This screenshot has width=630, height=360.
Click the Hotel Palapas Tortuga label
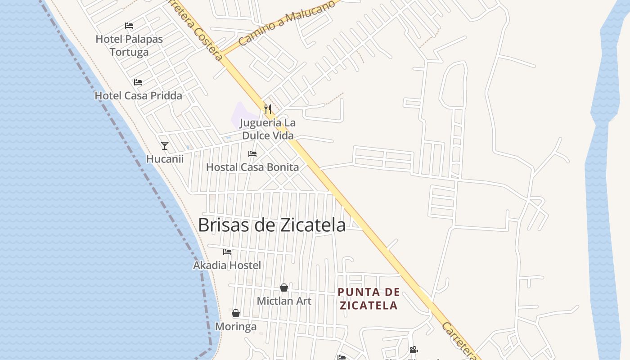(129, 45)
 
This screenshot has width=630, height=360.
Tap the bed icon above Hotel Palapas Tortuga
(129, 26)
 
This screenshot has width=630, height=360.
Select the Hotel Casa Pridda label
(138, 95)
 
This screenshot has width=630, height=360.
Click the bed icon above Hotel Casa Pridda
(138, 82)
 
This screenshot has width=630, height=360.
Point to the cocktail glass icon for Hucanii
(165, 145)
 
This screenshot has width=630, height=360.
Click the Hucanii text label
(165, 159)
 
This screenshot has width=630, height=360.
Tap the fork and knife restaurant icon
(268, 109)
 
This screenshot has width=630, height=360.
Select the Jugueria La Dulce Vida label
(267, 129)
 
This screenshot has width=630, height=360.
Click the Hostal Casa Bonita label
(252, 167)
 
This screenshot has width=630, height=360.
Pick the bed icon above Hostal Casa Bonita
(252, 154)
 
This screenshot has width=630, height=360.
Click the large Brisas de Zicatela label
(272, 225)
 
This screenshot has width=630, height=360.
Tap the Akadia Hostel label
(227, 265)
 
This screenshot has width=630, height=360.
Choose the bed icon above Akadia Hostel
(227, 252)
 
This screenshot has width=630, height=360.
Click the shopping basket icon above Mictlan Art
(284, 288)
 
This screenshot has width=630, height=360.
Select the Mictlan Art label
(284, 301)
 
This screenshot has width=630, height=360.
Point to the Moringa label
(236, 327)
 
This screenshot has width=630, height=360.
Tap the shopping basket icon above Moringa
(235, 313)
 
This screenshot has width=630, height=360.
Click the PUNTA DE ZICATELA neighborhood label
(369, 299)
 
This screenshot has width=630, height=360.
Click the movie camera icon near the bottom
(414, 350)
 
